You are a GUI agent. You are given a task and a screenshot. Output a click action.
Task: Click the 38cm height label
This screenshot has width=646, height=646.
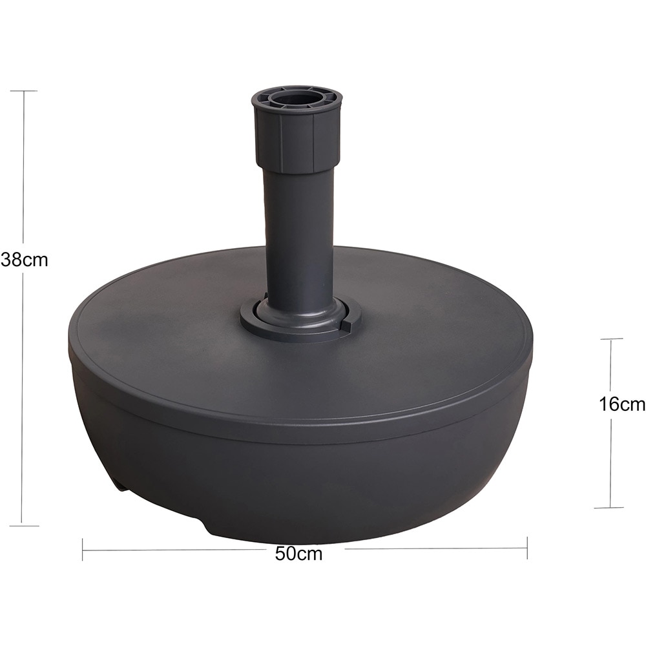point(25,260)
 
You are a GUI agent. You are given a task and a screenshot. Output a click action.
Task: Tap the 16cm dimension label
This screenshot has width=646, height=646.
point(621,404)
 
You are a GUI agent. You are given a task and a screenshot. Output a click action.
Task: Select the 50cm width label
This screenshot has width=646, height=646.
point(298,553)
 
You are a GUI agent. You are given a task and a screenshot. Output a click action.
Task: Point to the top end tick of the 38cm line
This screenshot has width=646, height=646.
point(23,91)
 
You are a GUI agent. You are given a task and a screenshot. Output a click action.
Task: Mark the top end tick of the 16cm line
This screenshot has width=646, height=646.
point(611,339)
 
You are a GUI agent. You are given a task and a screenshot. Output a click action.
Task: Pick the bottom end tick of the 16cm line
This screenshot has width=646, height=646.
point(612,507)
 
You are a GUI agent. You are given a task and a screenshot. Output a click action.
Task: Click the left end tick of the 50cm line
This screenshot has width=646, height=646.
point(83,549)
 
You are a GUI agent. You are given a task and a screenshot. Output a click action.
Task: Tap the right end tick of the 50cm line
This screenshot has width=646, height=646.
point(527,548)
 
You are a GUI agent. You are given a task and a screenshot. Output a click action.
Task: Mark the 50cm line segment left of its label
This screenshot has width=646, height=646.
point(174,550)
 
